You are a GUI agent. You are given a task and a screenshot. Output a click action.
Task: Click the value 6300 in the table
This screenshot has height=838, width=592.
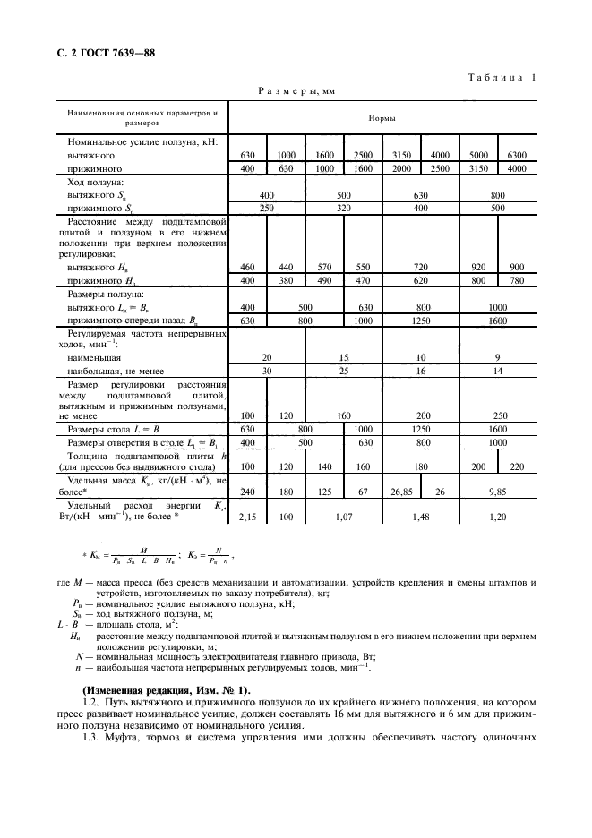[x=517, y=155]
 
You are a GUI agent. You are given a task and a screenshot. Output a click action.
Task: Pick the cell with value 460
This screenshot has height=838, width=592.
[x=248, y=267]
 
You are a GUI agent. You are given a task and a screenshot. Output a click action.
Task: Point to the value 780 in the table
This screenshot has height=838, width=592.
[x=517, y=280]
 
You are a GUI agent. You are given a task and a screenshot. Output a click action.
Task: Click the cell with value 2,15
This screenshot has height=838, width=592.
[x=248, y=517]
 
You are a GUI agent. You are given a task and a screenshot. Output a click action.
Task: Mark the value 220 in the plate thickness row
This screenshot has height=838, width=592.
[x=517, y=466]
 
